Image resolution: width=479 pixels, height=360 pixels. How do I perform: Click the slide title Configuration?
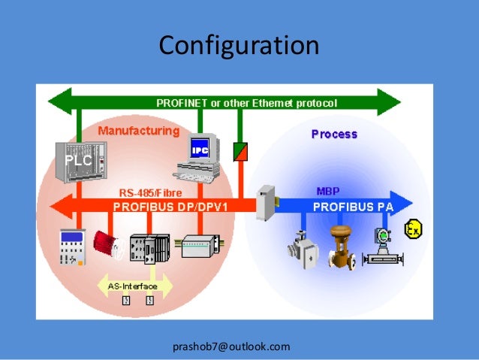coord(239,46)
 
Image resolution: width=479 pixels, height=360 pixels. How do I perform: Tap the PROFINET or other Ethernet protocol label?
coord(246,102)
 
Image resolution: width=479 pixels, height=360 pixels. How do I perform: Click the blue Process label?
coord(334,135)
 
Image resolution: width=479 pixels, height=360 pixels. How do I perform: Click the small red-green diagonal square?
coord(240,151)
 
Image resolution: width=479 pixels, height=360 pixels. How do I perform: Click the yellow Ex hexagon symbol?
coord(412,229)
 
